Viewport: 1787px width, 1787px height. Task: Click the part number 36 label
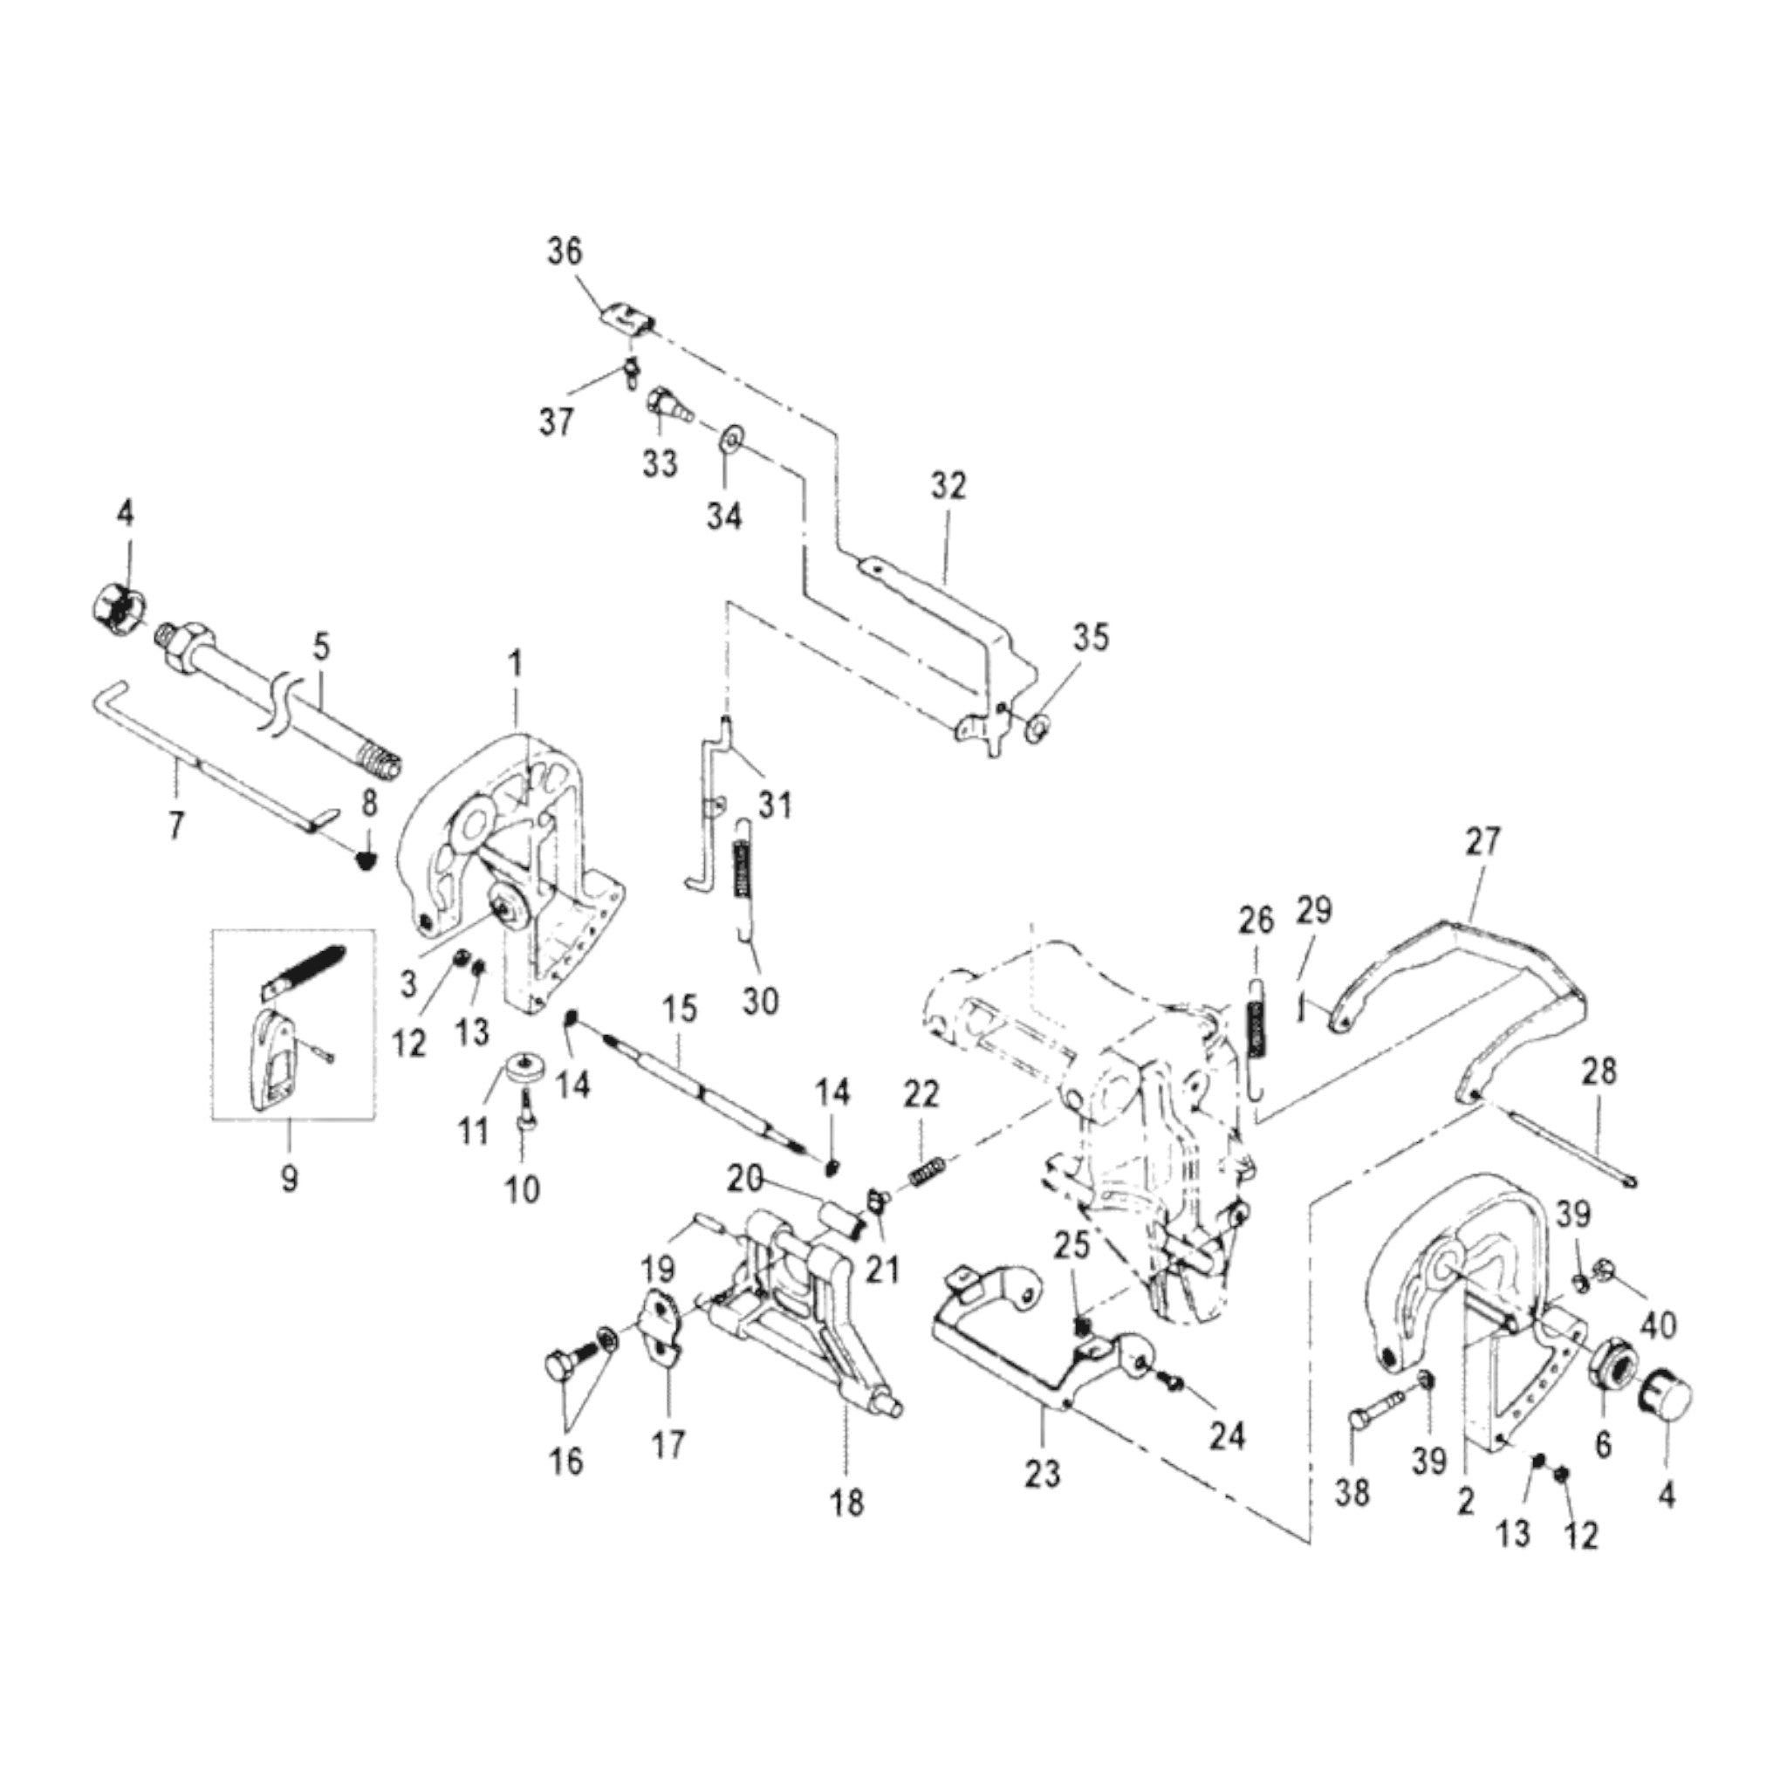(x=565, y=251)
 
